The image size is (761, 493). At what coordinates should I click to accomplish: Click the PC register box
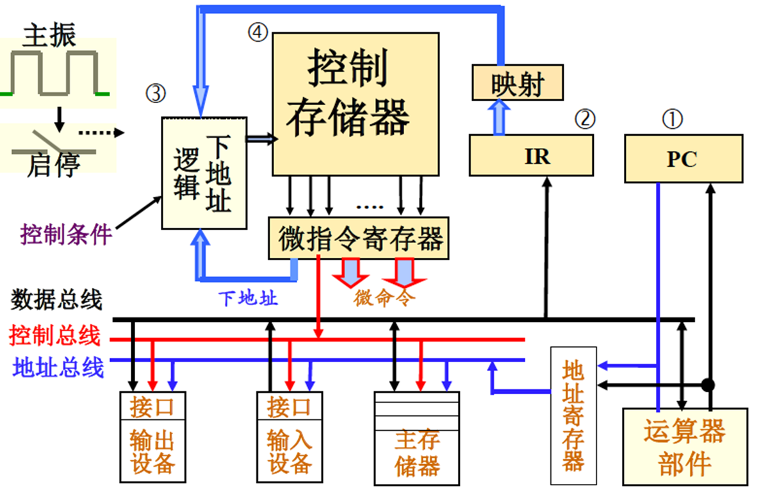point(683,158)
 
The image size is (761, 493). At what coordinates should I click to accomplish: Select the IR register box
point(531,155)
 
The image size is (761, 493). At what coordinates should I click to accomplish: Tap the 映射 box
point(517,83)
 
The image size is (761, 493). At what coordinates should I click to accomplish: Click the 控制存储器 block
point(356,104)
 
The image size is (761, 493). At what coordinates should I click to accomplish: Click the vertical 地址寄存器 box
point(573,415)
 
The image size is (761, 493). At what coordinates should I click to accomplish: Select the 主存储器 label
point(417,453)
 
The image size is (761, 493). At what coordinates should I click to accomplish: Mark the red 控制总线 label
point(55,335)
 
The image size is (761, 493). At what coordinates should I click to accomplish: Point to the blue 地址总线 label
point(58,368)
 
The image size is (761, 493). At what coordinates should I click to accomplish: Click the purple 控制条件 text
point(66,234)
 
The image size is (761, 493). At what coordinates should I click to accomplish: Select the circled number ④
point(258,32)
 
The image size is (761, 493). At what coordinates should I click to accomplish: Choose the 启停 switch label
point(54,165)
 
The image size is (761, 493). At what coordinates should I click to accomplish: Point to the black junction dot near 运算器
point(708,385)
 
